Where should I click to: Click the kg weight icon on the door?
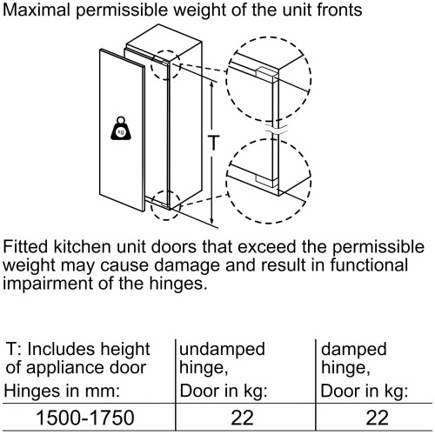(x=121, y=129)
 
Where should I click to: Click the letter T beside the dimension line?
(x=214, y=143)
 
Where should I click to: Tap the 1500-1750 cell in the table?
(x=85, y=418)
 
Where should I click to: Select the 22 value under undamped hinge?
(x=242, y=418)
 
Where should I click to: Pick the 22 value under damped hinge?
(x=378, y=418)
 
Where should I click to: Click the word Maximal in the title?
(x=37, y=10)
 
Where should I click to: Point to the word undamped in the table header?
(x=222, y=349)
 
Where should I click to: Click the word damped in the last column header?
(x=354, y=349)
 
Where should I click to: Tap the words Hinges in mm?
(x=62, y=391)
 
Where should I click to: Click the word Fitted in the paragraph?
(x=25, y=247)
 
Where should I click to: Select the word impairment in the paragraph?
(x=48, y=284)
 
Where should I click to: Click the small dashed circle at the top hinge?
(x=165, y=65)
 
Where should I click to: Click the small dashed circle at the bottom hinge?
(x=165, y=205)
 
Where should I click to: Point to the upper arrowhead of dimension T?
(x=212, y=84)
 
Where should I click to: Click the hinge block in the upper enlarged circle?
(x=265, y=72)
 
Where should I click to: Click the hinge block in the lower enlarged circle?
(x=265, y=180)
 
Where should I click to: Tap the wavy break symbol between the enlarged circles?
(x=276, y=130)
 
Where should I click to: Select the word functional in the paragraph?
(x=369, y=265)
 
